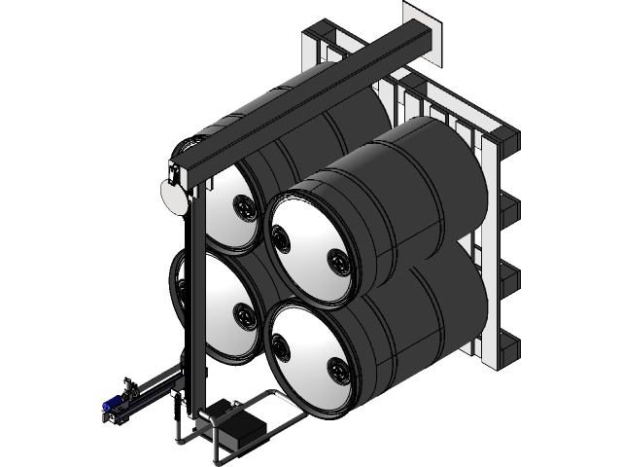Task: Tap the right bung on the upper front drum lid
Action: (337, 259)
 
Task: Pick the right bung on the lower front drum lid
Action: (337, 368)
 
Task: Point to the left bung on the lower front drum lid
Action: (280, 344)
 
